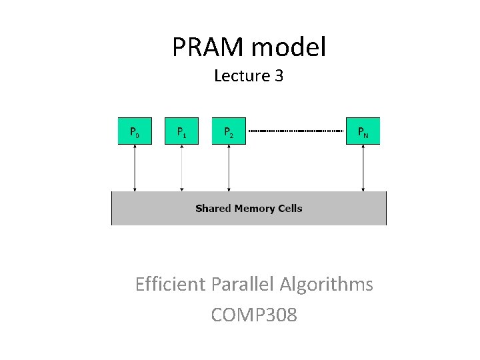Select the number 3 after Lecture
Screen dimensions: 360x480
(x=279, y=76)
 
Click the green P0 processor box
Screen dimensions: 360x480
(x=135, y=131)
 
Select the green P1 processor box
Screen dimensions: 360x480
(x=181, y=131)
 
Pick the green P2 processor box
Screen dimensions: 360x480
(x=229, y=131)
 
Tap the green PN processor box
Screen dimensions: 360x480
(x=363, y=131)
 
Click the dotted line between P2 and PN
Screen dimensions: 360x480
(x=296, y=131)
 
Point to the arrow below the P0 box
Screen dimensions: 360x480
(x=135, y=168)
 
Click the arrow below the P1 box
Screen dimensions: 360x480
(x=181, y=168)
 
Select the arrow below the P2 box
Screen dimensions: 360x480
(x=229, y=168)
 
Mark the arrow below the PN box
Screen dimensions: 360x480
(x=363, y=168)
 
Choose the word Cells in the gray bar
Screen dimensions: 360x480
(x=289, y=209)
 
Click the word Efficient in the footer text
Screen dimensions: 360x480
(x=170, y=285)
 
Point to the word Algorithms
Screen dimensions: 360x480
(x=326, y=285)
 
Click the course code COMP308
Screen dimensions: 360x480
(x=254, y=315)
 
